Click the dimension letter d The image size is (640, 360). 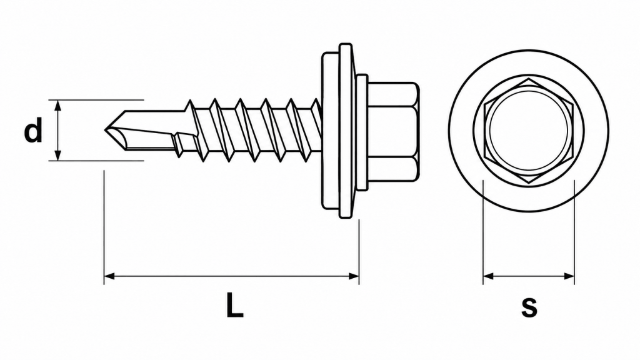pyautogui.click(x=33, y=130)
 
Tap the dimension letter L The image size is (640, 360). pyautogui.click(x=235, y=305)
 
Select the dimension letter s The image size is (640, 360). pyautogui.click(x=529, y=307)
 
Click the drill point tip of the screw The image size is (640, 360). pyautogui.click(x=105, y=130)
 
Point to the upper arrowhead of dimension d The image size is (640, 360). pyautogui.click(x=58, y=105)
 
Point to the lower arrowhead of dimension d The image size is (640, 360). pyautogui.click(x=58, y=155)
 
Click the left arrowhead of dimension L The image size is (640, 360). pyautogui.click(x=109, y=276)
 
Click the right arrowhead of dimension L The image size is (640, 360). pyautogui.click(x=354, y=276)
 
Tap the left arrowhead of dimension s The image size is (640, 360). pyautogui.click(x=489, y=276)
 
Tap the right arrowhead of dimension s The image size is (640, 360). pyautogui.click(x=569, y=276)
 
